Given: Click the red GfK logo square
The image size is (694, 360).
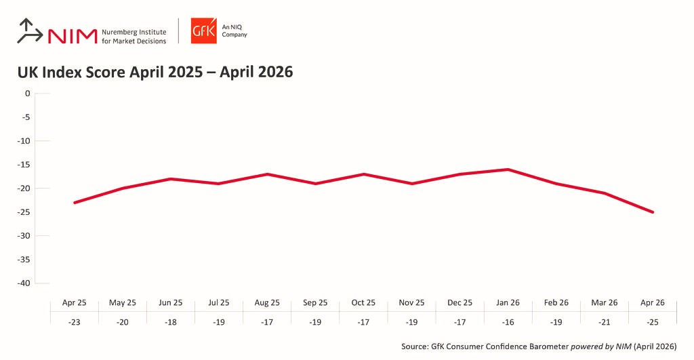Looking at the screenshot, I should pos(203,31).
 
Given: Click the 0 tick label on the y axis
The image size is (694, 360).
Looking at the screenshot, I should pos(28,94).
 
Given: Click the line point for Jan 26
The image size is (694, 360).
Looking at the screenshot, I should pos(508,169).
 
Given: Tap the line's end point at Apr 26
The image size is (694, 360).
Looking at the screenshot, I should pos(653,212).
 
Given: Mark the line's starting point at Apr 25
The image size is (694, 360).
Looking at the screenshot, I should pos(74,203).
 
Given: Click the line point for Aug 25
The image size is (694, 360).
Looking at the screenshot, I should pos(267,174).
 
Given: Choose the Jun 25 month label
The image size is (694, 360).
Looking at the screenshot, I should pos(170,302).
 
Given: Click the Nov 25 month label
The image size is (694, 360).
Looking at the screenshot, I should pos(411,302).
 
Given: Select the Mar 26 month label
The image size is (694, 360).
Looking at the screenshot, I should pos(604,302).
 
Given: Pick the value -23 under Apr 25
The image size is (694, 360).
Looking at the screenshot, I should pos(74,322).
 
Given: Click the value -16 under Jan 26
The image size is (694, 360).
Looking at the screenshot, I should pos(508,322).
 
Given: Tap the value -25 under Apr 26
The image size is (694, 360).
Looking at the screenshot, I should pos(653,322).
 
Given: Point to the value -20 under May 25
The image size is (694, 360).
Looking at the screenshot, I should pos(122,322).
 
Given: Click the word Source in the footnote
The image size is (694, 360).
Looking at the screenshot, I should pos(414,346).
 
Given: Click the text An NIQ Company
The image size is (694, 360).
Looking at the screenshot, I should pos(234,31).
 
